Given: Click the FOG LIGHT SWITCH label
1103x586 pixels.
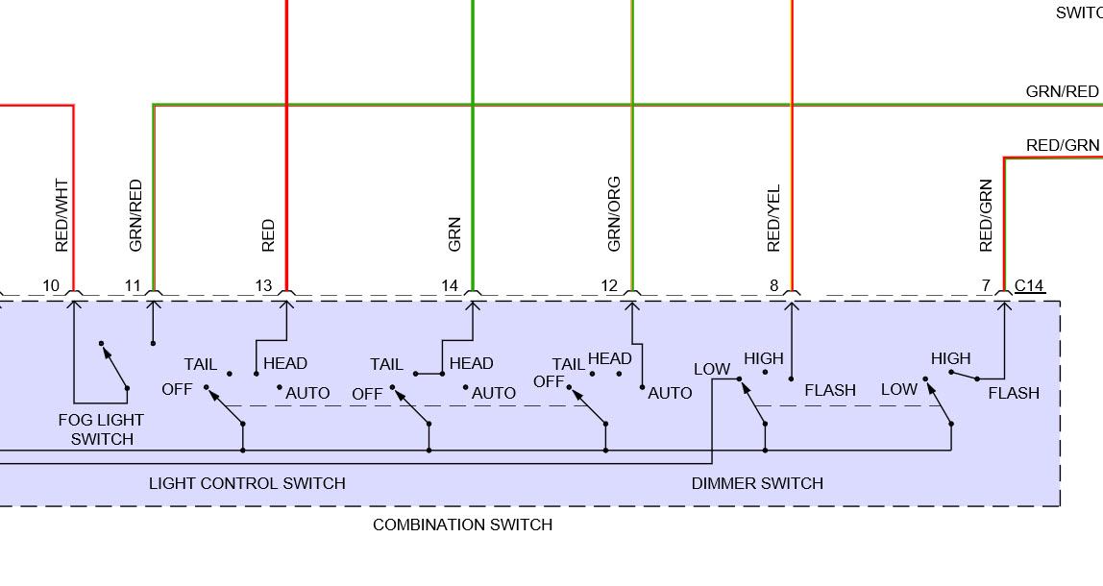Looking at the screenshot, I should (x=101, y=429).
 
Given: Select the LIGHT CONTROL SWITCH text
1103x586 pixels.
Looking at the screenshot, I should (x=247, y=483).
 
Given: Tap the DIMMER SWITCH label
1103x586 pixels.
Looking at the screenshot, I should (x=757, y=483).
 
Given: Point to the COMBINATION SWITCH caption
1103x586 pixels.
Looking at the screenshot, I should (x=462, y=525).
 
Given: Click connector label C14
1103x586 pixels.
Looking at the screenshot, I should (x=1029, y=285).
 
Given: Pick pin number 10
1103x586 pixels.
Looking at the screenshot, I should (x=51, y=285).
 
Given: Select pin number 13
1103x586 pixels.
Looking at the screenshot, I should (x=263, y=285).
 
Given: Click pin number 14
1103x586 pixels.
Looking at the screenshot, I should (x=450, y=285).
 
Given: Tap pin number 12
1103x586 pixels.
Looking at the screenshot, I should (x=609, y=285).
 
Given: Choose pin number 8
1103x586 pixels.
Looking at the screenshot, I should (x=773, y=285).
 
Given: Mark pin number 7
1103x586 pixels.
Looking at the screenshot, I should (x=986, y=285).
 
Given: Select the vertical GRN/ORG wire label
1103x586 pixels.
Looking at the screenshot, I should (x=615, y=213).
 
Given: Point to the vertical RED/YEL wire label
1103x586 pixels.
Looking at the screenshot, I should (x=774, y=218).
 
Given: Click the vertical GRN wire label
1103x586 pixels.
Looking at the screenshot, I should (x=455, y=234).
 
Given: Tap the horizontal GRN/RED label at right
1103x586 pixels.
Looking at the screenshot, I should (x=1062, y=92).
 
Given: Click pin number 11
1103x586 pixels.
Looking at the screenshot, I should (x=133, y=285).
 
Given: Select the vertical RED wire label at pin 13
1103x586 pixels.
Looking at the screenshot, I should (x=268, y=235).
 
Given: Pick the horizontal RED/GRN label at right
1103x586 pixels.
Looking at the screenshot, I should (x=1062, y=145).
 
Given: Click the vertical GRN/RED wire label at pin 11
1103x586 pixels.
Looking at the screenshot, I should (x=135, y=215).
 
